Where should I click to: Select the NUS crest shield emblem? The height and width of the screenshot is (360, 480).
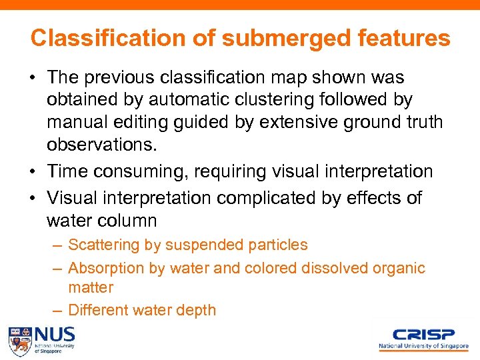click(x=19, y=341)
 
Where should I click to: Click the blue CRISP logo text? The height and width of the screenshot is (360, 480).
click(x=423, y=334)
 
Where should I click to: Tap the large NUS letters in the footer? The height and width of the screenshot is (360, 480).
click(x=55, y=334)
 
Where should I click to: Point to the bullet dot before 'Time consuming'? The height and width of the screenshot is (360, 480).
click(x=33, y=172)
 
